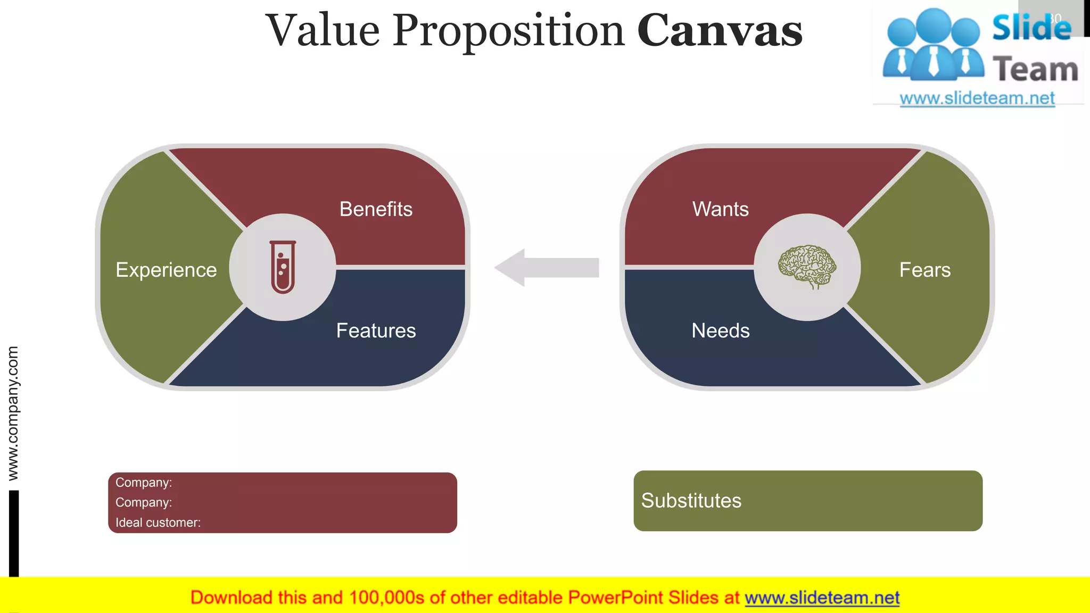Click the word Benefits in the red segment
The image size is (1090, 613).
point(376,209)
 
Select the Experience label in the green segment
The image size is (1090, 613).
point(166,270)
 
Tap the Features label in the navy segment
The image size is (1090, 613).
point(376,330)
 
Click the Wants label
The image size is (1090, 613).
point(720,209)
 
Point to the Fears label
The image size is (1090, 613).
point(924,270)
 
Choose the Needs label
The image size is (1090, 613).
point(720,330)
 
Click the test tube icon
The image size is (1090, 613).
point(283,267)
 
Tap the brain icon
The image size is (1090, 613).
point(807,266)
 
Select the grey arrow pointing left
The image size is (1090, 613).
point(547,268)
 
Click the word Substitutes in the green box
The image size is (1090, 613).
point(691,501)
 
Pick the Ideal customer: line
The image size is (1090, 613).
point(158,523)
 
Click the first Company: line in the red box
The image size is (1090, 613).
point(144,482)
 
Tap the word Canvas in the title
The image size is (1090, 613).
point(720,31)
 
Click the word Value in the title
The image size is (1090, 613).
point(323,31)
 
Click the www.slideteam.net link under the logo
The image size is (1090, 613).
point(977,98)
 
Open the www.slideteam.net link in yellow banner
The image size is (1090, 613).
point(822,598)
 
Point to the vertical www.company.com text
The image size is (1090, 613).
point(13,413)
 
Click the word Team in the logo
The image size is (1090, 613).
point(1035,70)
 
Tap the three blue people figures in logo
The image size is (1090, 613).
point(933,45)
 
